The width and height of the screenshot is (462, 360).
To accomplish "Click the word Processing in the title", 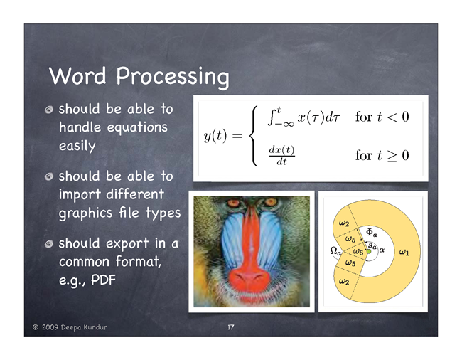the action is pyautogui.click(x=173, y=77).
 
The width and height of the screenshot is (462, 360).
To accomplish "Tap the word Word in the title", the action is pyautogui.click(x=77, y=75).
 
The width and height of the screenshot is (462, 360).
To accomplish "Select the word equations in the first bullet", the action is pyautogui.click(x=137, y=128).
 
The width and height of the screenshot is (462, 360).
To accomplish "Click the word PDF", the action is pyautogui.click(x=103, y=280).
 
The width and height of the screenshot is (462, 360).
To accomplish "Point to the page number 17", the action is pyautogui.click(x=231, y=327).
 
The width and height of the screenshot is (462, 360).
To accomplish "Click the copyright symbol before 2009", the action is pyautogui.click(x=36, y=327).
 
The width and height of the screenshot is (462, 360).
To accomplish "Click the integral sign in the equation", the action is pyautogui.click(x=272, y=117).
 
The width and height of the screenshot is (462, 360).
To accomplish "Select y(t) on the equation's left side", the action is pyautogui.click(x=215, y=136).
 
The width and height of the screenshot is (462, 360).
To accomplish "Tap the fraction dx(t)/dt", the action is pyautogui.click(x=281, y=155).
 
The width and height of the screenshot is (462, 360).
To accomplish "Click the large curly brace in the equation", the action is pyautogui.click(x=254, y=136).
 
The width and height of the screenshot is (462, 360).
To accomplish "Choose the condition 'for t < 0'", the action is pyautogui.click(x=382, y=117).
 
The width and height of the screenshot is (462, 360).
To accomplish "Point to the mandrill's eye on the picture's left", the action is pyautogui.click(x=233, y=203).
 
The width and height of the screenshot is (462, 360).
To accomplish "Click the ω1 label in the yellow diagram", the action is pyautogui.click(x=404, y=252).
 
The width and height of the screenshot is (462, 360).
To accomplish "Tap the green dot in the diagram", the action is pyautogui.click(x=369, y=251).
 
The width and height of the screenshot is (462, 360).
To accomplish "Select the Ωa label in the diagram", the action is pyautogui.click(x=335, y=251).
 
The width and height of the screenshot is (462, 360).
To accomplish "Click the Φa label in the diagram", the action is pyautogui.click(x=371, y=233).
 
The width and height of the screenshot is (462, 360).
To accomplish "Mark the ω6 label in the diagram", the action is pyautogui.click(x=358, y=251).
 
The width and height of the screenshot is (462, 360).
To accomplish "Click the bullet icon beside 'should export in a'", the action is pyautogui.click(x=49, y=244).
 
